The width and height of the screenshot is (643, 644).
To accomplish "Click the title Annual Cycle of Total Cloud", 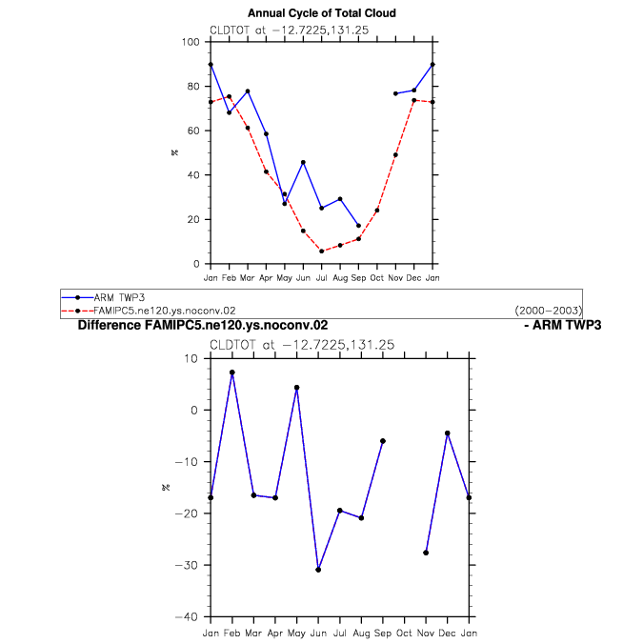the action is coord(322,13).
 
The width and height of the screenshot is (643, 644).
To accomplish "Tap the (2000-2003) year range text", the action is coord(548,311).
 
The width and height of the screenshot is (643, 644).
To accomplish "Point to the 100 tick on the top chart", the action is coord(191,42).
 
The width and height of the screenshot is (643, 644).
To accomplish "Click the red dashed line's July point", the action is coord(322,252).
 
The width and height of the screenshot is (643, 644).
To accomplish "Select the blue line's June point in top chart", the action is coord(303,163).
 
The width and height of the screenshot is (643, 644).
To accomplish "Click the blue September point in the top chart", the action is coord(358,226).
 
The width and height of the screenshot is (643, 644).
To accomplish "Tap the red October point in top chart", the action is coord(377,211).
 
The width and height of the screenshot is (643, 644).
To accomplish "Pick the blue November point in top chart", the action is coord(395,93).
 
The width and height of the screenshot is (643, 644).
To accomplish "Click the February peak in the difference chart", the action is coord(232,372).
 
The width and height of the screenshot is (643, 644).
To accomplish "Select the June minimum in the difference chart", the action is coord(318,570).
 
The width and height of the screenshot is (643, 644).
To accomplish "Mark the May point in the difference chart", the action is coord(297,388).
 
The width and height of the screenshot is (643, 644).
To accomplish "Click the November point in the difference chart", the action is coord(426,553).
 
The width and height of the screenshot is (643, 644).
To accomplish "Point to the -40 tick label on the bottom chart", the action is coord(187,617).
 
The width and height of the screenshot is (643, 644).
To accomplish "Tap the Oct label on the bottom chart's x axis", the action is coord(404,634).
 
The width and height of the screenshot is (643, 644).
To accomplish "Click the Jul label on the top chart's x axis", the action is coord(322,278).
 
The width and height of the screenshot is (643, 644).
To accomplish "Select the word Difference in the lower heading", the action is coord(110,325).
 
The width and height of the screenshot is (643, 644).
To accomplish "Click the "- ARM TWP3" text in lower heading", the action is coord(563,325).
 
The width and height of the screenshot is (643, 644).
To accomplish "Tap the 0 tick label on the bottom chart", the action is coord(194,410).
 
